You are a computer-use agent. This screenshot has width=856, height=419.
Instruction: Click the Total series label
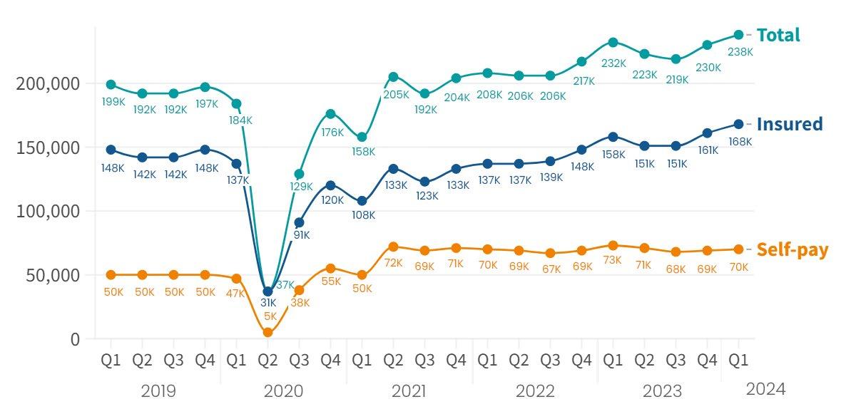[x=778, y=35]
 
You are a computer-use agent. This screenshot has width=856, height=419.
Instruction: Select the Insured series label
[x=789, y=124]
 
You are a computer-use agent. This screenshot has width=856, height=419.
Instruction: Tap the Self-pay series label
[x=792, y=249]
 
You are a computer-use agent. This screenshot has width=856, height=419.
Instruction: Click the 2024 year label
[x=765, y=389]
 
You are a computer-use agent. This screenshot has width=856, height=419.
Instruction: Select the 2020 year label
[x=283, y=391]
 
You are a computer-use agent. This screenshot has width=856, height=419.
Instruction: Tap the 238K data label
[x=739, y=51]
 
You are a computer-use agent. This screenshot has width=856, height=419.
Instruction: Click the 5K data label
[x=270, y=316]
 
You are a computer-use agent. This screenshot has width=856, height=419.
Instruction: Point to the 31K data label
[x=268, y=303]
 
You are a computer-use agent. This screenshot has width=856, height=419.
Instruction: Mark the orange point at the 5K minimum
[x=267, y=332]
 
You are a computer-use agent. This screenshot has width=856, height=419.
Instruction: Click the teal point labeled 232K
[x=613, y=43]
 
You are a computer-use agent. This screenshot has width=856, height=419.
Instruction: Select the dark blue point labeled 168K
[x=739, y=124]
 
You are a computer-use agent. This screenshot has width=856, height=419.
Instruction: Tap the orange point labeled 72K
[x=393, y=247]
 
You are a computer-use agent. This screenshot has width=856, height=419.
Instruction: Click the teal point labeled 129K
[x=299, y=174]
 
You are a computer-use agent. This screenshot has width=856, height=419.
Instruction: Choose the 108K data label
[x=363, y=215]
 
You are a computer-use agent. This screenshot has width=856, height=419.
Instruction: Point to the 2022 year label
[x=534, y=391]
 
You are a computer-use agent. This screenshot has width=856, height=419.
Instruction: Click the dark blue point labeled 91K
[x=299, y=222]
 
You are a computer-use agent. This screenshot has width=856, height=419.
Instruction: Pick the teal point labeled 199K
[x=111, y=85]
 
